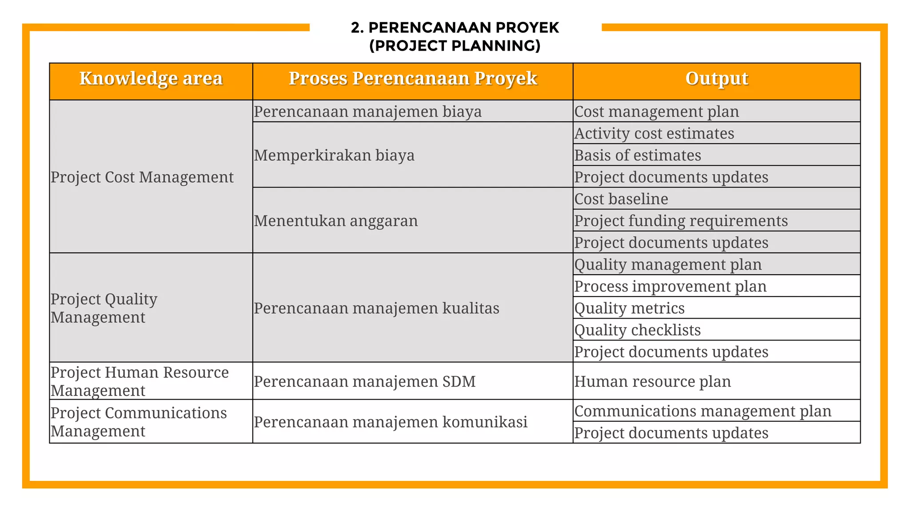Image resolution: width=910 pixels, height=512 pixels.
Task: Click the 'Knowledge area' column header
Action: [x=151, y=79]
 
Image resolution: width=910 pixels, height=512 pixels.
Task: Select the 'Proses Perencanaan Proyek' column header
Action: [x=413, y=79]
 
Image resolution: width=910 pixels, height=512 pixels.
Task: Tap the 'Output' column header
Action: [x=716, y=79]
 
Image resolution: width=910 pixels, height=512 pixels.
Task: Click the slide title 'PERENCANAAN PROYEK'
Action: [x=455, y=28]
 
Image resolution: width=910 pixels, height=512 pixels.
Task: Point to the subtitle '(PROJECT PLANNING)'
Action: [x=455, y=46]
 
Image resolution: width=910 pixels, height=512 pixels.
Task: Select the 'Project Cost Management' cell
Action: [x=142, y=177]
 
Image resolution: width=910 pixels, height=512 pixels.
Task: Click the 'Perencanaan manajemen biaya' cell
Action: [x=367, y=112]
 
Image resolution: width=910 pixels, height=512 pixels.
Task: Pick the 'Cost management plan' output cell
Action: [x=656, y=112]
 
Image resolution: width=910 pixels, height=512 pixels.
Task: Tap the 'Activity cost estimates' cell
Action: [x=654, y=133]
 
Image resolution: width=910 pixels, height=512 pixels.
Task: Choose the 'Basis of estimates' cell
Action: [x=638, y=155]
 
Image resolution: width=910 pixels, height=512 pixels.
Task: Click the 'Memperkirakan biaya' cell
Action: [x=334, y=155]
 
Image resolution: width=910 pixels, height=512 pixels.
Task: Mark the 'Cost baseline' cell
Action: [x=621, y=199]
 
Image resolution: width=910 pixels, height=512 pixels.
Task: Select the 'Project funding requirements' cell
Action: [x=681, y=220]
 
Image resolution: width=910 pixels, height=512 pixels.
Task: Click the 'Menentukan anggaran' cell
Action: [x=336, y=220]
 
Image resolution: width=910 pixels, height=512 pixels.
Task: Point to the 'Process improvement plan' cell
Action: [x=670, y=286]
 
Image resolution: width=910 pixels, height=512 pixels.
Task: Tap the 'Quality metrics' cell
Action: [x=629, y=308]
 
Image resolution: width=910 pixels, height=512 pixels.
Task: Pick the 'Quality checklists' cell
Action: [x=637, y=330]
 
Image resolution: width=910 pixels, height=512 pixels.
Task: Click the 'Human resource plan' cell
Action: [x=652, y=381]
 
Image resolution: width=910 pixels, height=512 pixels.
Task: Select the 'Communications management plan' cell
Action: [x=702, y=411]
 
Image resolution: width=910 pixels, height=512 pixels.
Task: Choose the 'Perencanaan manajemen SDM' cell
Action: [x=365, y=381]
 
